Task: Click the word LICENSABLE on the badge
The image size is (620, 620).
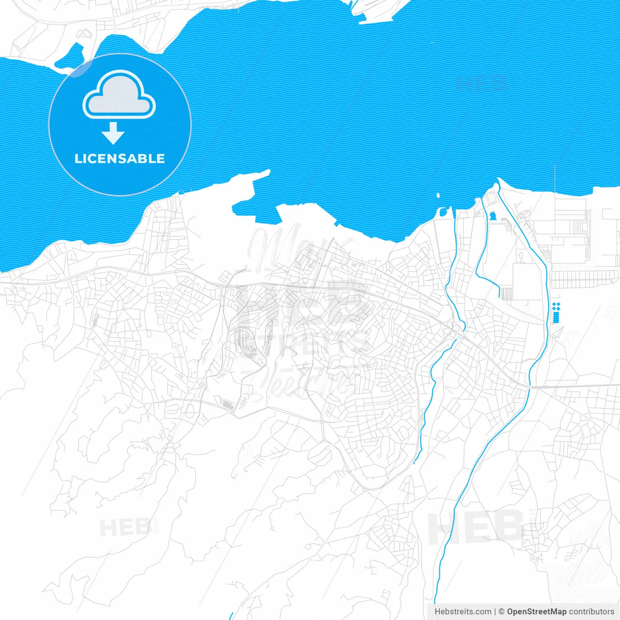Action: click(x=120, y=159)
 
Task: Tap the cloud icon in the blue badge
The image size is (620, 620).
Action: click(x=119, y=96)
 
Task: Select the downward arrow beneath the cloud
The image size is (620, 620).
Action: click(x=113, y=134)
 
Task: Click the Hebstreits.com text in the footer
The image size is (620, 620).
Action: click(x=463, y=612)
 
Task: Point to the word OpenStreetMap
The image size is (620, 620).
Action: click(x=536, y=612)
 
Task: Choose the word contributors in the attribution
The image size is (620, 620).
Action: click(x=591, y=612)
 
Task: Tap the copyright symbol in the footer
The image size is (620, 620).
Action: click(x=501, y=612)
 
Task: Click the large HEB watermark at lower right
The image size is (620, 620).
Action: click(x=475, y=528)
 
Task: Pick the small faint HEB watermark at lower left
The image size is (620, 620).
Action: click(x=119, y=528)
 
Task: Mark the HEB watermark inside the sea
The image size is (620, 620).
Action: click(x=482, y=83)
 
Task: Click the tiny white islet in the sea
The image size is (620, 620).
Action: click(x=438, y=196)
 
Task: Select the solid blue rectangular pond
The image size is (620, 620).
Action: click(x=556, y=318)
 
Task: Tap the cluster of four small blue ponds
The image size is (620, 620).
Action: click(x=556, y=306)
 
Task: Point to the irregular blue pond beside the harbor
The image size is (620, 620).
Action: click(x=493, y=215)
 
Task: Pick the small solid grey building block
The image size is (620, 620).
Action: click(x=227, y=403)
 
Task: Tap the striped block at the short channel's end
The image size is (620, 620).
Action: click(x=506, y=294)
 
